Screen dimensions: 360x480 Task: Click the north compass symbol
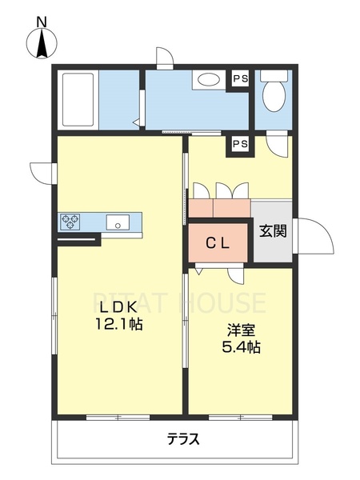pos(42,43)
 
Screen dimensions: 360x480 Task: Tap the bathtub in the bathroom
pos(78,100)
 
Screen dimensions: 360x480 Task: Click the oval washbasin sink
pos(209,81)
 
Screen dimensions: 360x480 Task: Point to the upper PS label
pos(241,79)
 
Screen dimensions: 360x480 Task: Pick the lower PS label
pos(241,143)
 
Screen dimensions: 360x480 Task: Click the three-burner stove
pos(70,222)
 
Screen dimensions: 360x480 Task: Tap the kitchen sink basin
pos(118,222)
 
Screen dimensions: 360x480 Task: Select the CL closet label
pos(217,244)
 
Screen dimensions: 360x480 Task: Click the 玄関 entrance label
pos(274,231)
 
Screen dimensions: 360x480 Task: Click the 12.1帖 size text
pos(119,323)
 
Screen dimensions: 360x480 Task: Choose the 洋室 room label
pos(242,330)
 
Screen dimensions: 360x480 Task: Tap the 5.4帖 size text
pos(242,347)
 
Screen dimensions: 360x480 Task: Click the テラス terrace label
pos(183,439)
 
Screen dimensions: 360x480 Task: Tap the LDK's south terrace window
pos(118,418)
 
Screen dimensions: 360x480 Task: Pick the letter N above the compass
pos(42,22)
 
